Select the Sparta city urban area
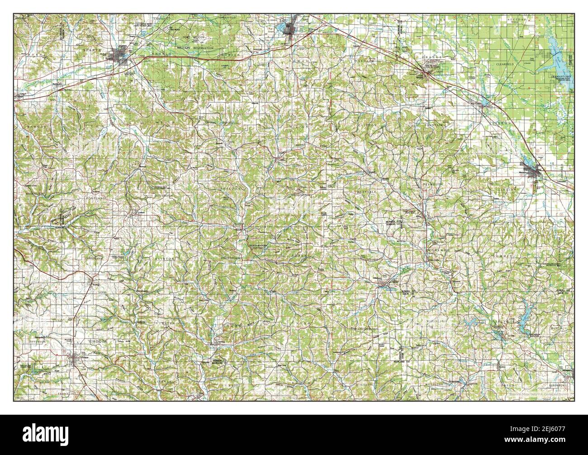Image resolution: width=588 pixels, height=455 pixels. [123, 57]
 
